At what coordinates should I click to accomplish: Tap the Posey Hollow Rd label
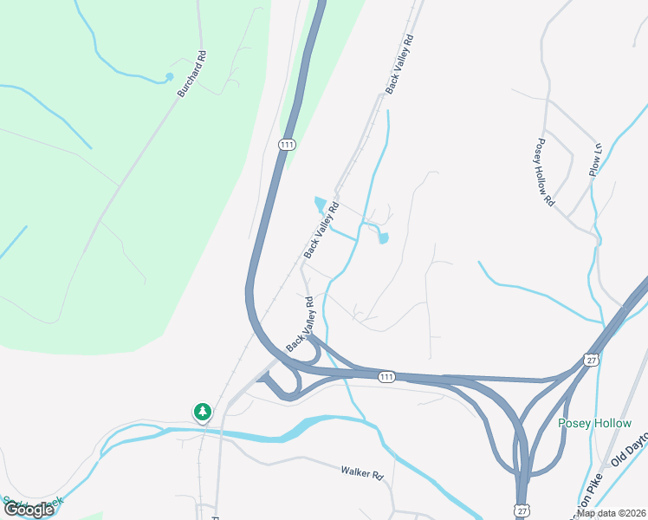point(544,172)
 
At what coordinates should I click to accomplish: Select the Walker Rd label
point(361,473)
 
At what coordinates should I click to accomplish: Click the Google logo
point(28,509)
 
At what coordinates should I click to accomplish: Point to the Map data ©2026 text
point(612,512)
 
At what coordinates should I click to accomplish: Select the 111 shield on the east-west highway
point(386,376)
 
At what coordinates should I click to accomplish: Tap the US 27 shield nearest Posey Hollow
point(592,360)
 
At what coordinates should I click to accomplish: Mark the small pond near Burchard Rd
point(169,78)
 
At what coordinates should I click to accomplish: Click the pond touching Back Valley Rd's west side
point(320,205)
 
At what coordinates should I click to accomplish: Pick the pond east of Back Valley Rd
point(384,237)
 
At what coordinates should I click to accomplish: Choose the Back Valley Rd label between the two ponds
point(319,231)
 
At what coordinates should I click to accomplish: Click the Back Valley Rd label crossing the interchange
point(299,330)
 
